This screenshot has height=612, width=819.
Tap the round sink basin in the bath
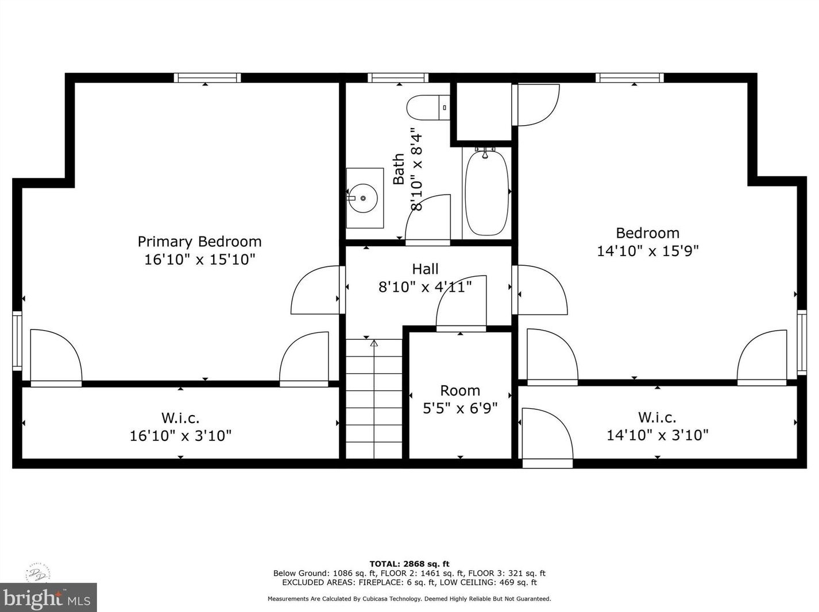(362, 199)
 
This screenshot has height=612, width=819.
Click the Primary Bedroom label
(200, 242)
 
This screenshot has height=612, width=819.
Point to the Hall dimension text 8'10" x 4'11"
(425, 287)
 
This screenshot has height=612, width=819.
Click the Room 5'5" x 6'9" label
(460, 400)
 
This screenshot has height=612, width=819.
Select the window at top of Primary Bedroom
(207, 78)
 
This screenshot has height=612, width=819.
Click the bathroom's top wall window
(398, 78)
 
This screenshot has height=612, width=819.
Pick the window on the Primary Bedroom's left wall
(17, 341)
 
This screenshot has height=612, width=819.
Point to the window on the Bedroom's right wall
(802, 342)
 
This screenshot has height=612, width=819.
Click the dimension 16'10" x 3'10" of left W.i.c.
(180, 435)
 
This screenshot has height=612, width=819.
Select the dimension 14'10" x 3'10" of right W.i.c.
(658, 435)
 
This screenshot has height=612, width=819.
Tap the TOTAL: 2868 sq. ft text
(409, 564)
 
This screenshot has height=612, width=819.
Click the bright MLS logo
(48, 598)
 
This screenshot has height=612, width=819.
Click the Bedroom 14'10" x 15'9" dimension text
(648, 251)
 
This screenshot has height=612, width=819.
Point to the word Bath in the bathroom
(399, 169)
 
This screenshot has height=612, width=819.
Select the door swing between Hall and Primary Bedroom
(316, 290)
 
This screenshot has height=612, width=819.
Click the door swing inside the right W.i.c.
(547, 433)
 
